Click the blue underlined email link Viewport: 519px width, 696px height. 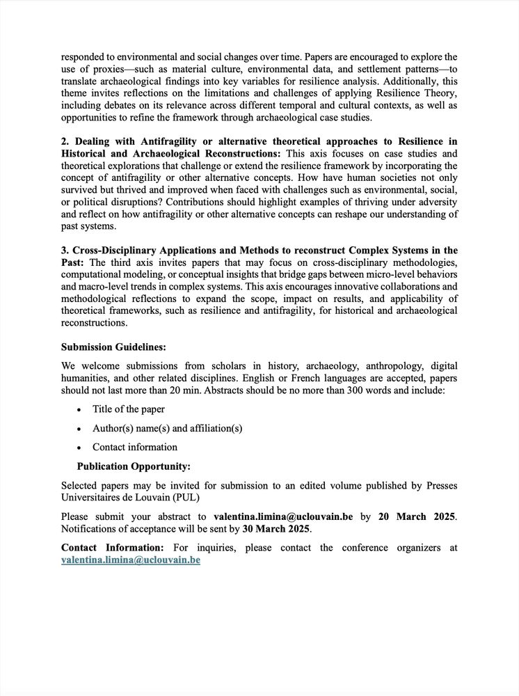(x=131, y=560)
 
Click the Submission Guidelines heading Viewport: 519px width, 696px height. (x=113, y=347)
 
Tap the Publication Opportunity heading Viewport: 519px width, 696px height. (x=134, y=466)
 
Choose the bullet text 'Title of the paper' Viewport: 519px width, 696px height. (x=129, y=409)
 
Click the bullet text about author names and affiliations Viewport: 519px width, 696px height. (x=167, y=428)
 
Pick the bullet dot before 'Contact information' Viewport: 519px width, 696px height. (x=79, y=448)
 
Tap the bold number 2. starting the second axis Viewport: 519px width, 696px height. (x=65, y=141)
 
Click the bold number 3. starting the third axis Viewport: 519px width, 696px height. (x=65, y=250)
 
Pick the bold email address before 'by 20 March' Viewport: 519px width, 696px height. (x=283, y=516)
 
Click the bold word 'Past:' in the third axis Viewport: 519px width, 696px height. (x=74, y=262)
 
